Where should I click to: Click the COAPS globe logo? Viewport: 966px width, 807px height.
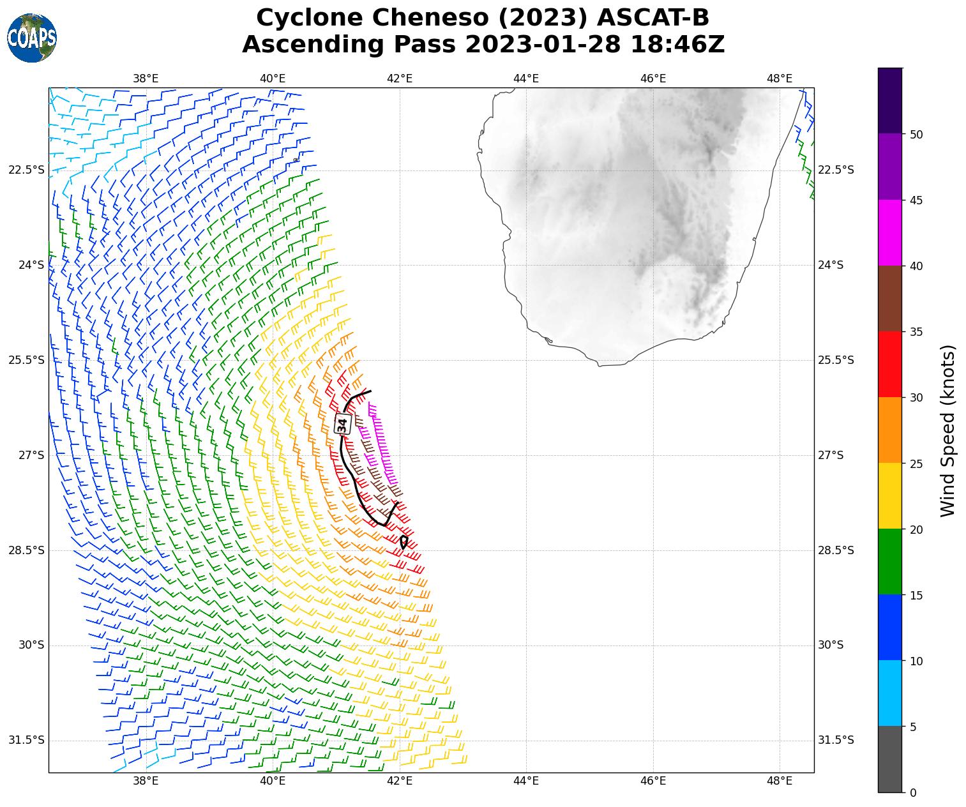(32, 38)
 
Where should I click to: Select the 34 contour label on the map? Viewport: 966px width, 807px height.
(343, 423)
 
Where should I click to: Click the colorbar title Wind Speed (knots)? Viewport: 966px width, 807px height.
(948, 431)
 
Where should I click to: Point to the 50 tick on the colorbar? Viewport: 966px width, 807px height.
(916, 134)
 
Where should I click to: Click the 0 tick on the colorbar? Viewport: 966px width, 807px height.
(912, 792)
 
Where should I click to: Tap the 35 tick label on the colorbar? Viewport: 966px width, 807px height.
(916, 332)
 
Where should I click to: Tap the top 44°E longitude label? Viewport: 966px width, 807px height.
(526, 79)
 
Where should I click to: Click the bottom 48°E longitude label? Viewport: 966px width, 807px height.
(780, 781)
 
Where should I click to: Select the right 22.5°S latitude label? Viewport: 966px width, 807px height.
(836, 170)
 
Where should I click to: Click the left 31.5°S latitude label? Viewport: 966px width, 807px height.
(27, 741)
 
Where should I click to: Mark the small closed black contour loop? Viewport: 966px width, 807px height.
(404, 542)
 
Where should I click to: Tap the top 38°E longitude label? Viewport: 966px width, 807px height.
(146, 79)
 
